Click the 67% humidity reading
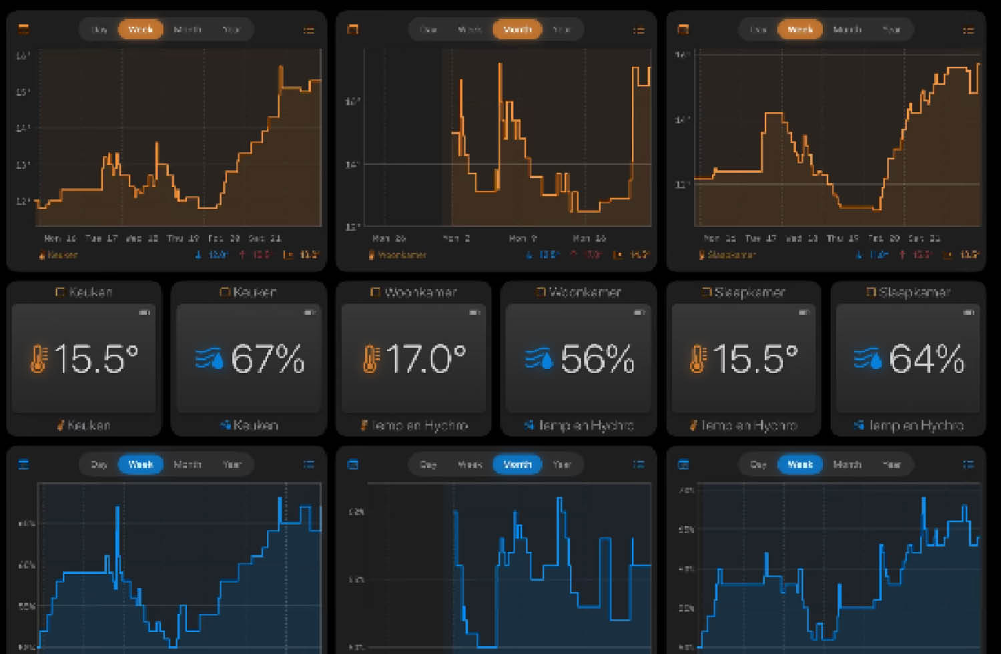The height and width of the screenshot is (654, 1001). tap(268, 359)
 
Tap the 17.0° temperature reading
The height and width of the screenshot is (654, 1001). tap(425, 359)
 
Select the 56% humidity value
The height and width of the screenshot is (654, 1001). tap(597, 359)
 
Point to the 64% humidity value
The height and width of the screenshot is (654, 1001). tap(926, 359)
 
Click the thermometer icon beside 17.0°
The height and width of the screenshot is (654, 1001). tap(370, 358)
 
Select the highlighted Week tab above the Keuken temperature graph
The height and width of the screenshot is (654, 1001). tap(140, 29)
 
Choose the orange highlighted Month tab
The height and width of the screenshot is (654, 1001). tap(517, 29)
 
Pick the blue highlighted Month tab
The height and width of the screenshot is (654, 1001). tap(517, 464)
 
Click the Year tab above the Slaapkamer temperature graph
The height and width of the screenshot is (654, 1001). tap(892, 29)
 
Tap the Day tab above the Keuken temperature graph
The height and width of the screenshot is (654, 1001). tap(99, 29)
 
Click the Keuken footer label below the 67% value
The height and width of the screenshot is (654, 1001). tap(255, 425)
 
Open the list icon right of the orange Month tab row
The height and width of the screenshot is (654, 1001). tap(639, 30)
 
